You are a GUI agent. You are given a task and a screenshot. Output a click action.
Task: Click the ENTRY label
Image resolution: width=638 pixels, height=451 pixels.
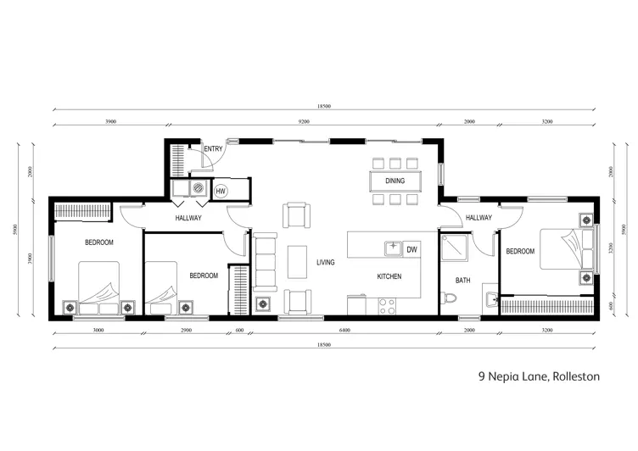click(213, 149)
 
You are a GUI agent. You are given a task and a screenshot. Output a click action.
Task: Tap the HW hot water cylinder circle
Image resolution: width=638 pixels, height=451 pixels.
click(221, 191)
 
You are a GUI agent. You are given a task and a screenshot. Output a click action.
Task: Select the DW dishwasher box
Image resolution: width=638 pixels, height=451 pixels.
click(411, 249)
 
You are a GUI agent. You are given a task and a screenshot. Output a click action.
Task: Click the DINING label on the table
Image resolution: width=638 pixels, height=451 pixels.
click(395, 181)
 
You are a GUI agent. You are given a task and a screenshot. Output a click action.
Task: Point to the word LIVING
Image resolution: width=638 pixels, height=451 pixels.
click(326, 262)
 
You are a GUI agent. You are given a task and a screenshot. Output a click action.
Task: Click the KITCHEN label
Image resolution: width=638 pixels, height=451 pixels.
click(389, 276)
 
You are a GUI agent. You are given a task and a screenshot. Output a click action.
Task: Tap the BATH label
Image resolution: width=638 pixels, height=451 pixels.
click(462, 281)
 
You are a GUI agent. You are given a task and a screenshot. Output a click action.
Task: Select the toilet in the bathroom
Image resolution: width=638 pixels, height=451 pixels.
click(451, 298)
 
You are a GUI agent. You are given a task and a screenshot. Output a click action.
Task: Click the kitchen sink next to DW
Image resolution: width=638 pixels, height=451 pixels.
click(393, 248)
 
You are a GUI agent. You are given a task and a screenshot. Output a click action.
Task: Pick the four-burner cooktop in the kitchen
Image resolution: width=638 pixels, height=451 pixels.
click(387, 306)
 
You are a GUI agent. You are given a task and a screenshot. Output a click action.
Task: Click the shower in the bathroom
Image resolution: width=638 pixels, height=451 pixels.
click(454, 247)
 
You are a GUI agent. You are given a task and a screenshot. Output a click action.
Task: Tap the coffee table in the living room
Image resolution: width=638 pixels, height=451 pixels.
click(298, 262)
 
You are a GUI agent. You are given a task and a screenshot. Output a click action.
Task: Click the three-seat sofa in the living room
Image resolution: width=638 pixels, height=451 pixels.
click(265, 262)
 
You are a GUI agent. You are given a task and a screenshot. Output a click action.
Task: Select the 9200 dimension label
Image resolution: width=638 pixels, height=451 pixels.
click(304, 121)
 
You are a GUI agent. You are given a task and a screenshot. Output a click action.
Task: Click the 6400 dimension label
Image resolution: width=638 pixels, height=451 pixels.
click(344, 331)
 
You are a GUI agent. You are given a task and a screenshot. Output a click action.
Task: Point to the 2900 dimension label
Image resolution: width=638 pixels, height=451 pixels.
click(186, 331)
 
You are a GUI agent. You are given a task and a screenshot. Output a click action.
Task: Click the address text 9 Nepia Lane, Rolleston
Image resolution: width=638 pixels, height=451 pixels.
click(539, 376)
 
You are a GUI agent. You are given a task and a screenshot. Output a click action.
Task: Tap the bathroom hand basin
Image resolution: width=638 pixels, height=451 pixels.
click(490, 299)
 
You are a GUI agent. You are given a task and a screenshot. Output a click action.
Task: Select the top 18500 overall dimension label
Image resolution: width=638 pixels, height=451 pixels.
click(324, 106)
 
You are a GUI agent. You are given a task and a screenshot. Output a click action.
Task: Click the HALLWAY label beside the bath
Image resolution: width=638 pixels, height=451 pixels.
click(478, 218)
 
